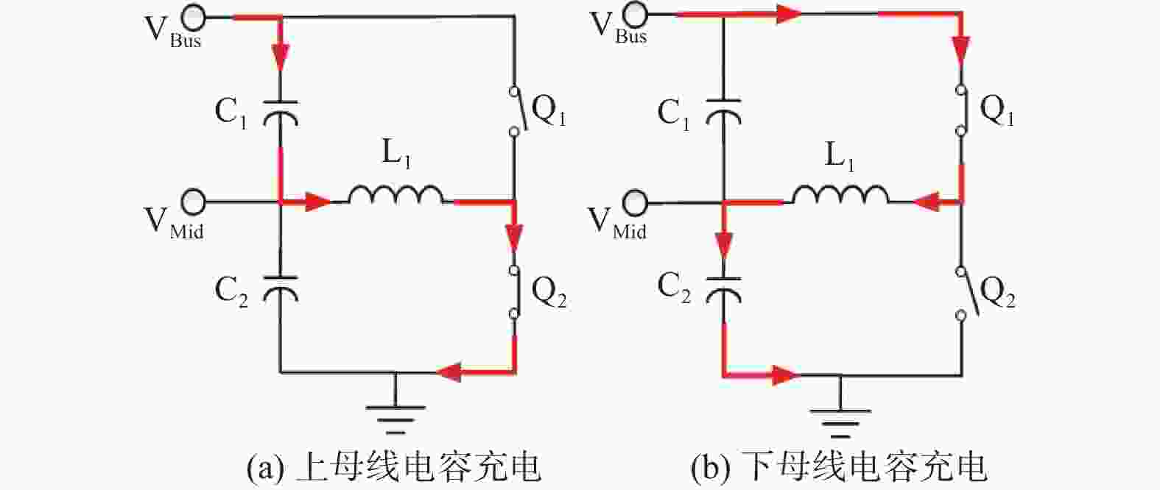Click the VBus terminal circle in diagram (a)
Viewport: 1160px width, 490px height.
point(193,18)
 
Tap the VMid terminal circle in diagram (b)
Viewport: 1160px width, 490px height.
point(635,202)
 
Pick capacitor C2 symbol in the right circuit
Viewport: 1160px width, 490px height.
point(723,291)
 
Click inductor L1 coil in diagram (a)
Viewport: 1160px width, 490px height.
point(396,194)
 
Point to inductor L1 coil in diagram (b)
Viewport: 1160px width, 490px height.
point(840,195)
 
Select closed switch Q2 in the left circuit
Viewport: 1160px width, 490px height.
point(514,292)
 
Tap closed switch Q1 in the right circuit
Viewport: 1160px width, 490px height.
point(962,110)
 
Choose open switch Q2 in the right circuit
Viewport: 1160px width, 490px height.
point(966,293)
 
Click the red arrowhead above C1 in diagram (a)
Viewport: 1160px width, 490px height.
point(280,56)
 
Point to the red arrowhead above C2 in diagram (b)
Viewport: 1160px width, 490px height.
point(723,246)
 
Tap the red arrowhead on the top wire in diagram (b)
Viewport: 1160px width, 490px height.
point(788,15)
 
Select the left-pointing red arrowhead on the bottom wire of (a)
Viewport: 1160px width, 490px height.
point(449,372)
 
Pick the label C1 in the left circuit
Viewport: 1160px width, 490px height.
point(231,113)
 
